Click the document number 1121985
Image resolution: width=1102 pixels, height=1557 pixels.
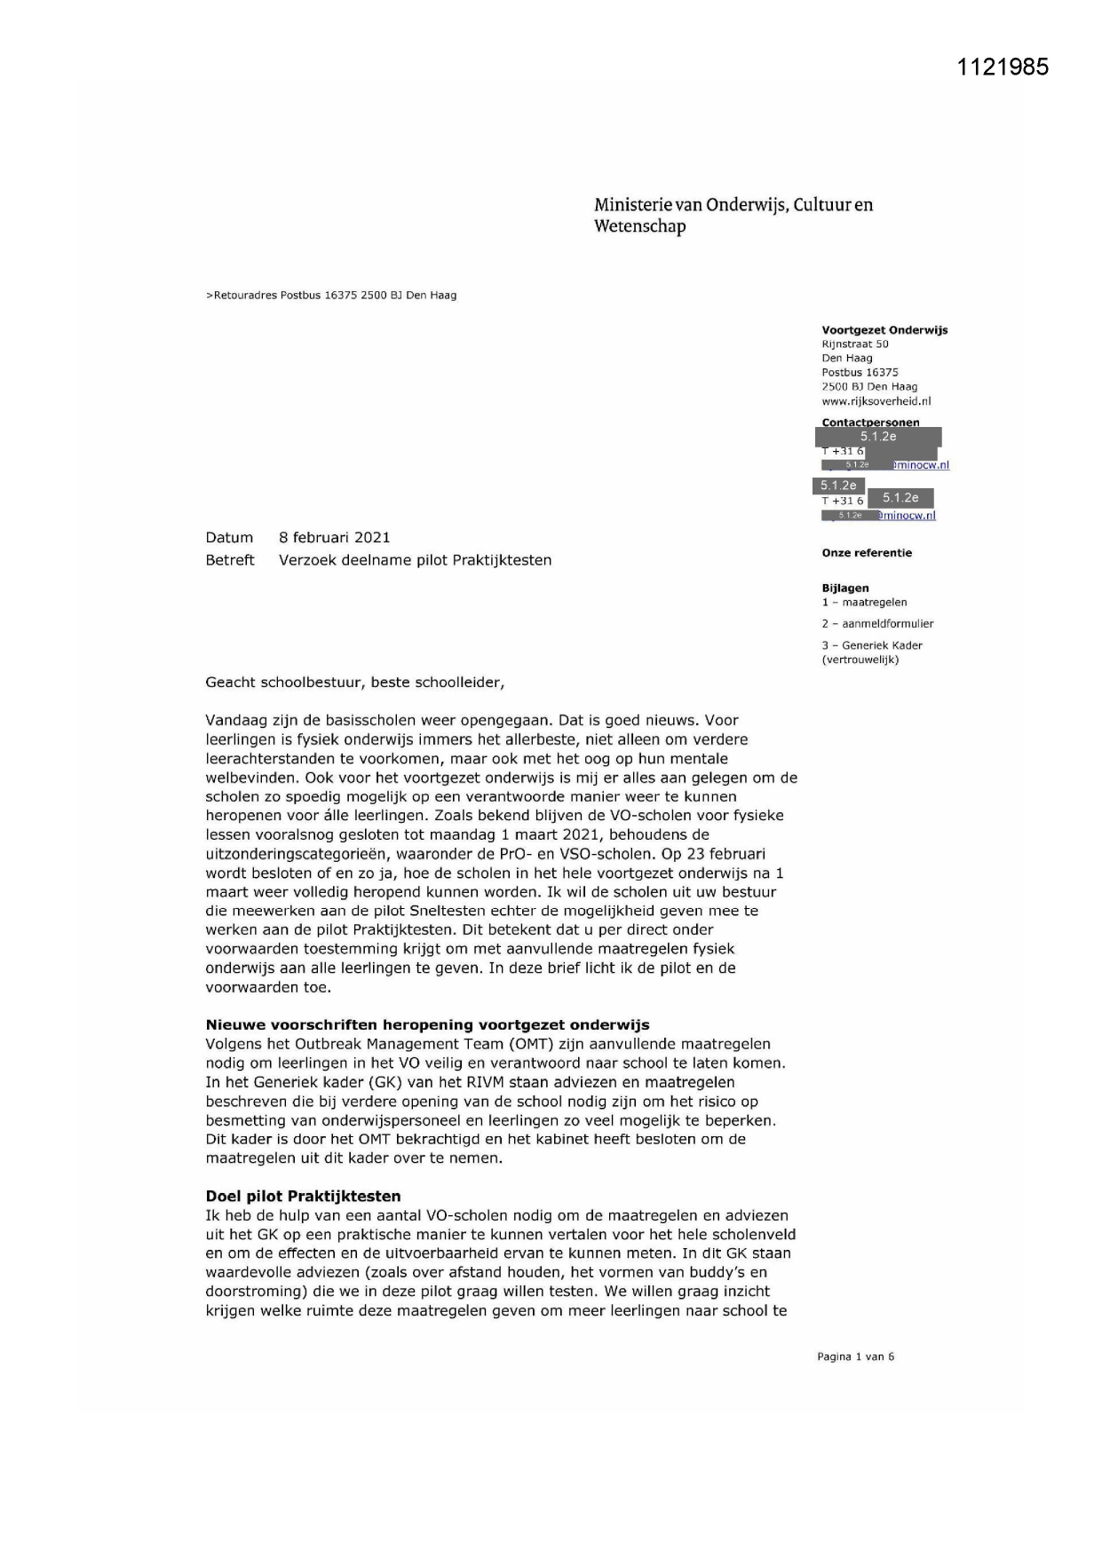pos(1003,67)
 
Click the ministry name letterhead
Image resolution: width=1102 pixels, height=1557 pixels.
pos(733,216)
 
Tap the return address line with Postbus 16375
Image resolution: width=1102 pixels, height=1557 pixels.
pos(331,296)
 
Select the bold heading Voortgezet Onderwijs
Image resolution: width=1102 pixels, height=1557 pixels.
pos(884,330)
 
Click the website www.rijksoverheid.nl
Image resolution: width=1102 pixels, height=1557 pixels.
pos(876,401)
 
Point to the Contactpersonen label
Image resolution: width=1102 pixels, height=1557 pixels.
pos(870,423)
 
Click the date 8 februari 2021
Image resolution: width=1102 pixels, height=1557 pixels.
pos(334,538)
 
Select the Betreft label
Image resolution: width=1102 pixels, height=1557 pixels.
pos(229,560)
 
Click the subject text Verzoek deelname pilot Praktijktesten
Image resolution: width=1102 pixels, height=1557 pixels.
pos(415,560)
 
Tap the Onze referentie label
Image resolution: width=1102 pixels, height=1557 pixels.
pos(867,553)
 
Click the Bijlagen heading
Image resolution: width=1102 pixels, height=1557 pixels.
pos(845,588)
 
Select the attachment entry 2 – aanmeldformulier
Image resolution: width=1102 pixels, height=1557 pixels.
pos(877,624)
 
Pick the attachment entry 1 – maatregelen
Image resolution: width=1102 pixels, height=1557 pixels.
pos(864,603)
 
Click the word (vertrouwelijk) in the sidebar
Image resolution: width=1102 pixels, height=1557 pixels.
pos(860,660)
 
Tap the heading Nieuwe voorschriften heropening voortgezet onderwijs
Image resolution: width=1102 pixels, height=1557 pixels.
pos(427,1025)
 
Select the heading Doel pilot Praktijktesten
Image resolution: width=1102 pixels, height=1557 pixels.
pos(303,1197)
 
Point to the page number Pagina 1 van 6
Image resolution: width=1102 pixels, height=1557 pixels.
pos(855,1356)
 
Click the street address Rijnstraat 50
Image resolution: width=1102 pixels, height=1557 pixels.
pos(854,344)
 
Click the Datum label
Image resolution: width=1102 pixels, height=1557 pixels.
pos(229,538)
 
